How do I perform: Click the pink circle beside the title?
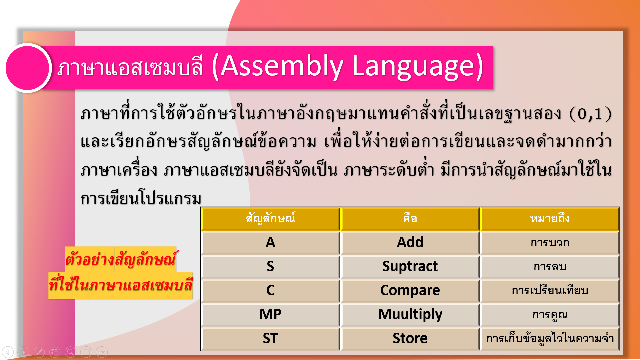pos(27,68)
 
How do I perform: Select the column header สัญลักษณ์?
pos(270,219)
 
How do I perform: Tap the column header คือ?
pos(410,219)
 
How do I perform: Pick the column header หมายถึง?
pos(550,219)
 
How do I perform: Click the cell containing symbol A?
pos(270,242)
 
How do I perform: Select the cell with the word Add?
pos(410,242)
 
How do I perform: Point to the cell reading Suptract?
pos(410,266)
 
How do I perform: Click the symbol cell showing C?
pos(270,290)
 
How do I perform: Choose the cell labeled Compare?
pos(410,290)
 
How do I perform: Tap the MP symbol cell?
pos(270,314)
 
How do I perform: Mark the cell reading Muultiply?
pos(410,314)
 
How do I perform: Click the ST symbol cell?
pos(270,338)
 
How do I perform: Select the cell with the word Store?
pos(410,338)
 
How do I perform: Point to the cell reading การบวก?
pos(550,242)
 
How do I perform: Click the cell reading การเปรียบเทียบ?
pos(550,290)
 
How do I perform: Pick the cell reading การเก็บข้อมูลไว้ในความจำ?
pos(550,338)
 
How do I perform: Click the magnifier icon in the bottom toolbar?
pos(70,352)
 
